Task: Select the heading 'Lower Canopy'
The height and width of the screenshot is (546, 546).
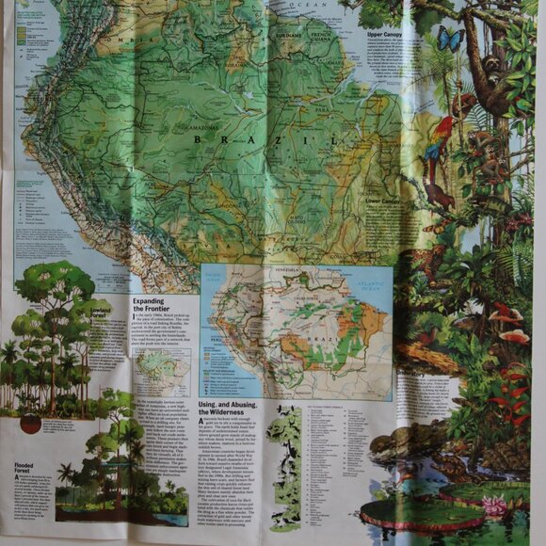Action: (x=380, y=201)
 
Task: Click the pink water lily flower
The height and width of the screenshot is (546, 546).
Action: (x=495, y=506)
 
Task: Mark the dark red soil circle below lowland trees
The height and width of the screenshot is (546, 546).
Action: (x=30, y=425)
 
